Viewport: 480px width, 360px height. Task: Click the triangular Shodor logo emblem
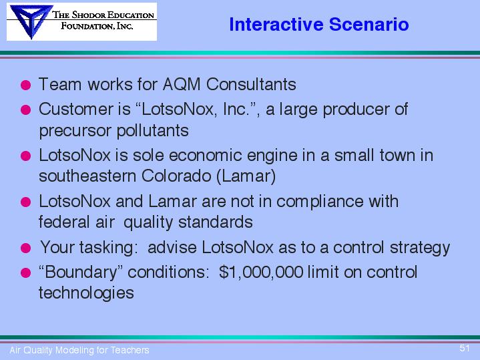(x=31, y=21)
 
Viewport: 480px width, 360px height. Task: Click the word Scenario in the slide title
(x=369, y=24)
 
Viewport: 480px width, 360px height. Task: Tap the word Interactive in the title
(x=276, y=24)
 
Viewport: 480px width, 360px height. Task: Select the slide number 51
(x=465, y=348)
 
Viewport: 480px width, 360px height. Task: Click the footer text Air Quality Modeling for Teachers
(x=79, y=350)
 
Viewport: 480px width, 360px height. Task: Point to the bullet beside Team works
(x=26, y=85)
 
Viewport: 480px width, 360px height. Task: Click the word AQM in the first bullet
(x=182, y=84)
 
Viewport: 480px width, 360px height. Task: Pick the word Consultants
(x=251, y=84)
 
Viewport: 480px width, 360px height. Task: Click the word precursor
(x=75, y=131)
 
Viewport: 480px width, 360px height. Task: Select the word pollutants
(x=153, y=130)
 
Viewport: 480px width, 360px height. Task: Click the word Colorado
(x=176, y=176)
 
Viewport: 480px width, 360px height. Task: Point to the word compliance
(x=320, y=202)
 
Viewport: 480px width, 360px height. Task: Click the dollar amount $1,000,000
(x=261, y=272)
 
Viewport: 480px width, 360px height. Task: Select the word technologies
(x=86, y=293)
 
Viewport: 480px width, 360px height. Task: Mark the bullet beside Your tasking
(x=26, y=248)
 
